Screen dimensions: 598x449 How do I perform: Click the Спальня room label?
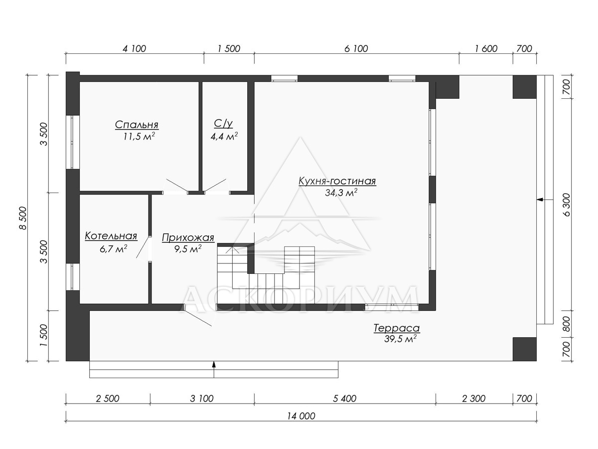point(137,125)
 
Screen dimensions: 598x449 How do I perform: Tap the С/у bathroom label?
point(223,124)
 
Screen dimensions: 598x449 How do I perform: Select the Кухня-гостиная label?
point(337,181)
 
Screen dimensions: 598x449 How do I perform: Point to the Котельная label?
point(111,236)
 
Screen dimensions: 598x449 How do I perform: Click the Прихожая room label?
point(188,238)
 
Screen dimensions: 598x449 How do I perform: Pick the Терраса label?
point(396,328)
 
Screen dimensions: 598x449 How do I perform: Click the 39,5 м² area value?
point(400,339)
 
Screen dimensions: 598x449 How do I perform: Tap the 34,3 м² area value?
point(341,193)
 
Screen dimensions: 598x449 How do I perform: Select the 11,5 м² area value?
point(139,136)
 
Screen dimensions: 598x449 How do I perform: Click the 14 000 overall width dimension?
point(301,416)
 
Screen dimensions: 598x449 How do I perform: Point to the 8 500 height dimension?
point(23,218)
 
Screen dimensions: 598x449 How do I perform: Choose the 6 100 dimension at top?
point(356,49)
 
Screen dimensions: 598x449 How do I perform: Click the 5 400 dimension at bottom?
point(345,399)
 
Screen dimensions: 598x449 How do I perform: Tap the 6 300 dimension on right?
point(567,205)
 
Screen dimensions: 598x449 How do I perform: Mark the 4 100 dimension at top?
point(135,49)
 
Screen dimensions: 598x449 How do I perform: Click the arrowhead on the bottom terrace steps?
point(214,364)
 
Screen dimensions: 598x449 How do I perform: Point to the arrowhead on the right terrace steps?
point(539,200)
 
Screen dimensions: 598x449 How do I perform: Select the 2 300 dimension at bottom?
point(474,399)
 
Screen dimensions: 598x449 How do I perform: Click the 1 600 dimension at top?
point(486,49)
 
